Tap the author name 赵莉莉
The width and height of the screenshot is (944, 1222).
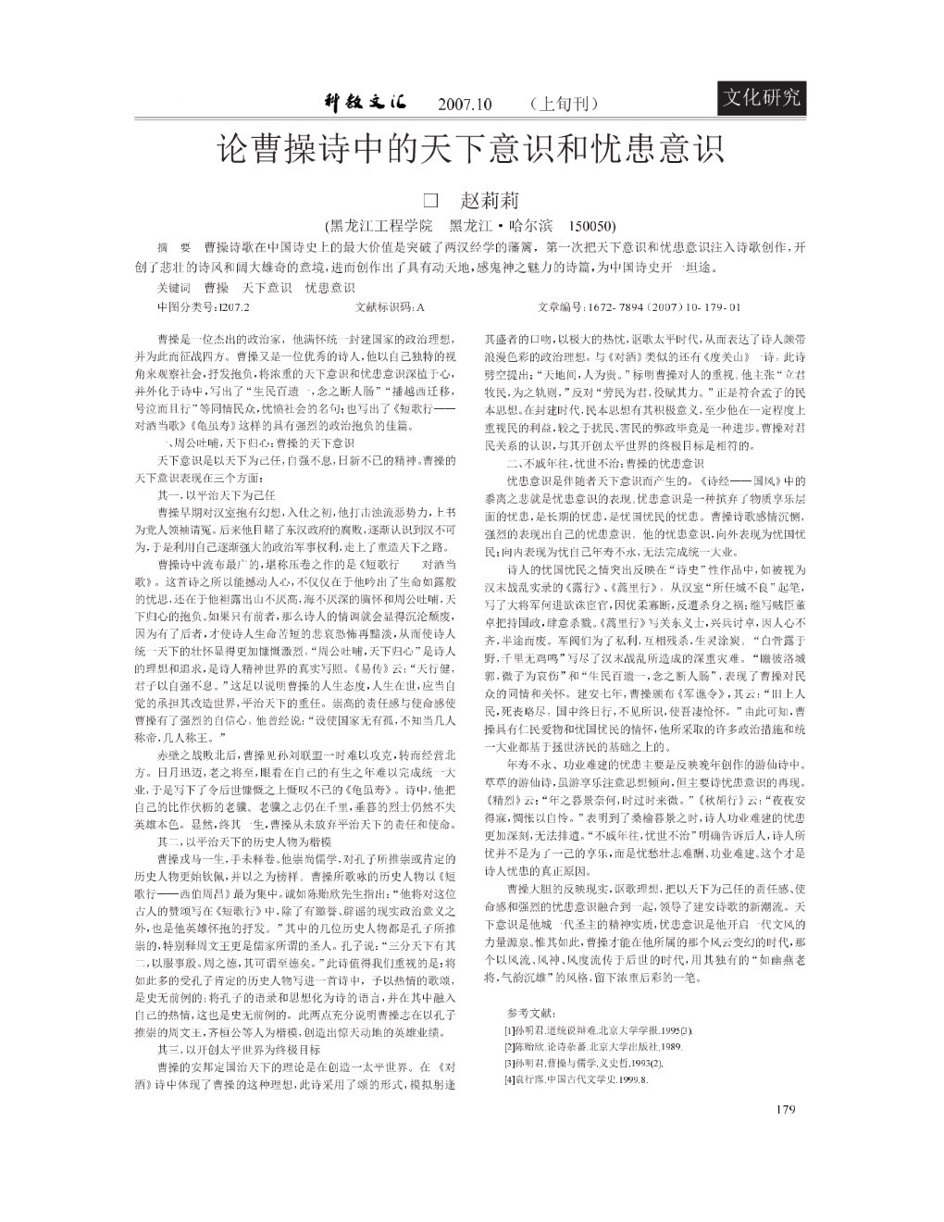(x=490, y=200)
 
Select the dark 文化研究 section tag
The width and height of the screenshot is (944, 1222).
(x=761, y=95)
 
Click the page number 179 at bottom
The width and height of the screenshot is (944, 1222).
(x=787, y=1111)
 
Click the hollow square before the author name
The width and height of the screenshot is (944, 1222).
(x=429, y=200)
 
